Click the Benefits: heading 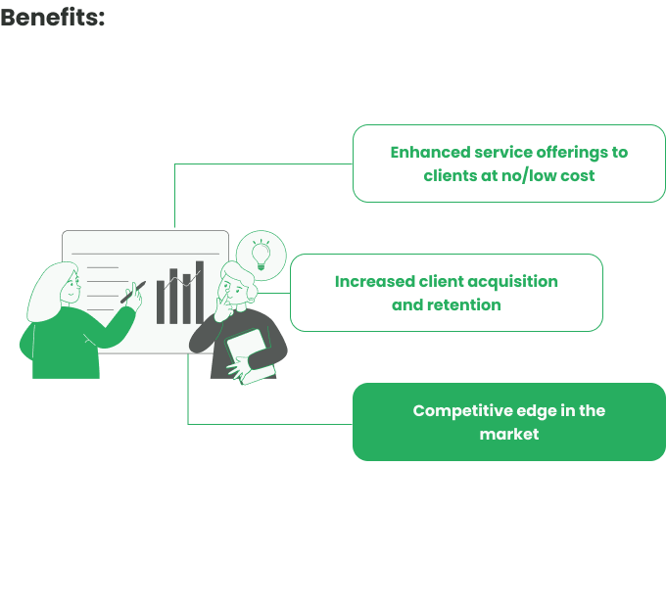coord(52,18)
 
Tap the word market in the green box coord(509,434)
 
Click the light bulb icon coord(262,255)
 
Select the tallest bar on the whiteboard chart coord(200,293)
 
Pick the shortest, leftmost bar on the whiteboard coord(161,303)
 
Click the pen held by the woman coord(133,292)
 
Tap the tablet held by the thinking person coord(251,355)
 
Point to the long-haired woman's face coord(71,289)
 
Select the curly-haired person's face coord(231,291)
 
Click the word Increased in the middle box coord(374,282)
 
